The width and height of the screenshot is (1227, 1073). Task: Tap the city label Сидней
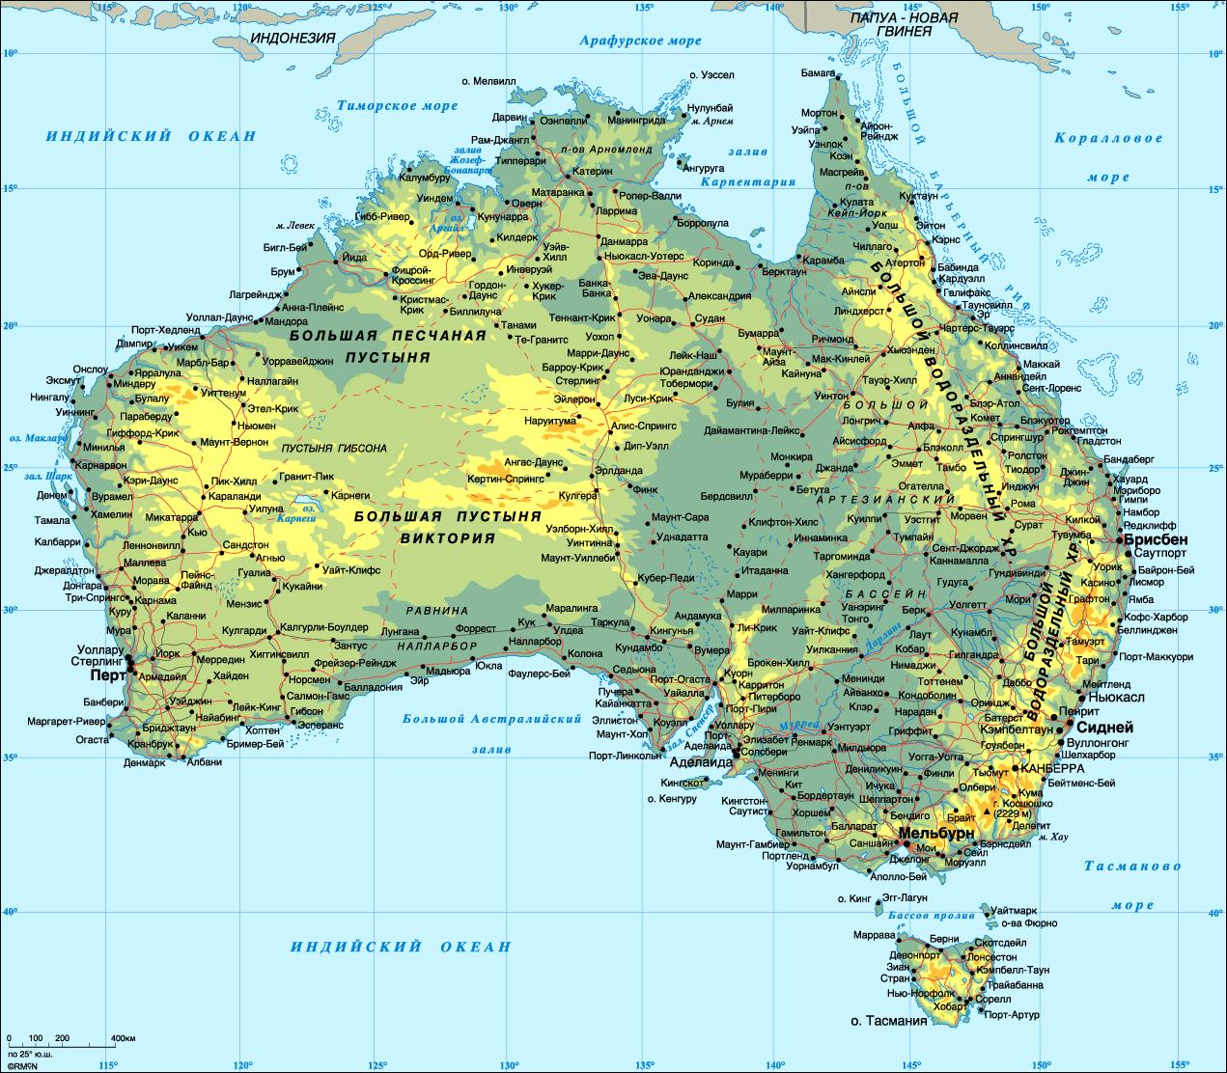tap(1104, 728)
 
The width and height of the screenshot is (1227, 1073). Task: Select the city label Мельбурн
tap(935, 832)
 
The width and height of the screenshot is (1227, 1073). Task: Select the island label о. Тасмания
tap(888, 1020)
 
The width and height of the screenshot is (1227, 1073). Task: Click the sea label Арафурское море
tap(640, 41)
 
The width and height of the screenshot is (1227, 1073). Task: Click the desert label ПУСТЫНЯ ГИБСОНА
tap(334, 449)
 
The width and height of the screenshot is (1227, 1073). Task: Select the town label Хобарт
tap(950, 1005)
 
